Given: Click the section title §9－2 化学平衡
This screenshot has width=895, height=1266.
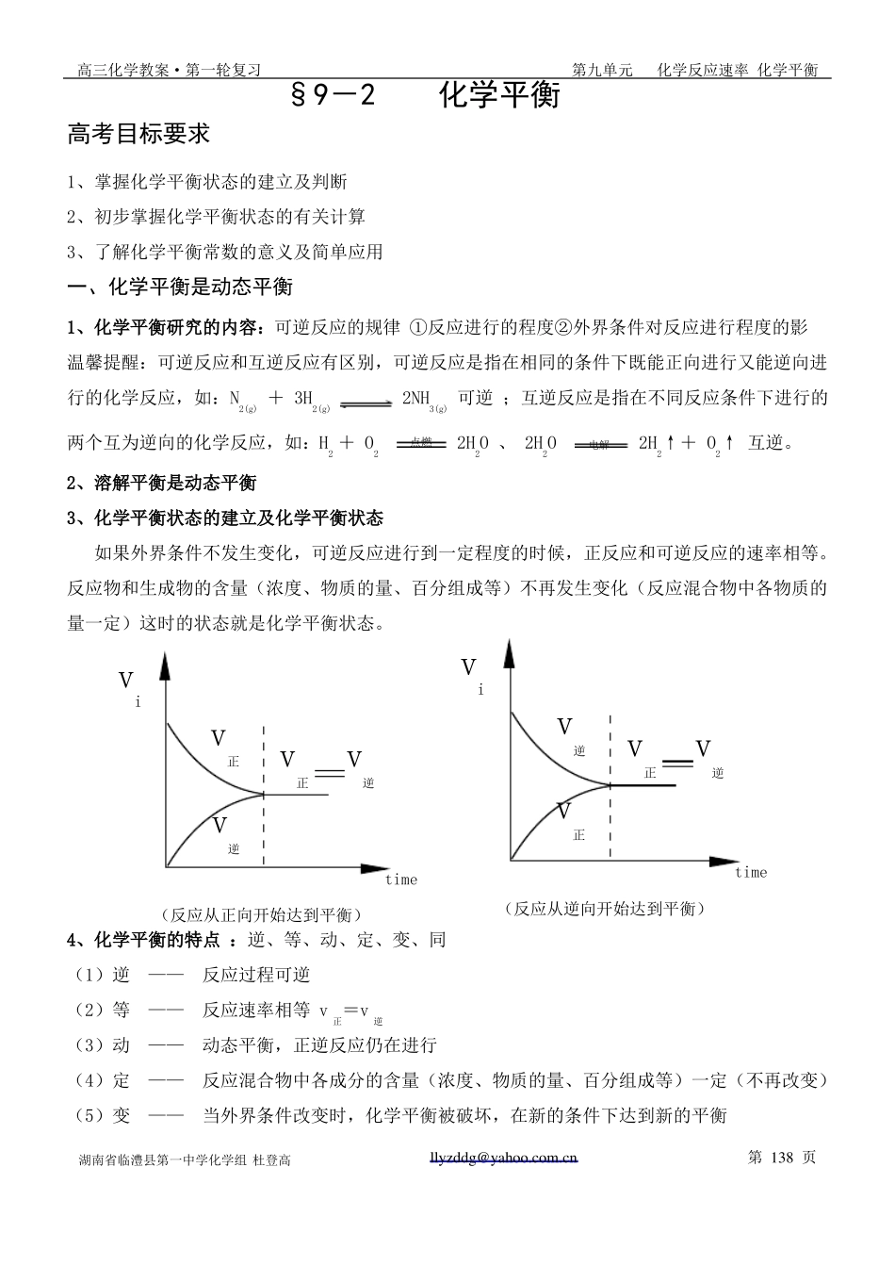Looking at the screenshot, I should [426, 95].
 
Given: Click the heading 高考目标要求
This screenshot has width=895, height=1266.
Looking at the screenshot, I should [138, 135].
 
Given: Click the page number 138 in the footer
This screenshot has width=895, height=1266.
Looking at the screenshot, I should [783, 1157].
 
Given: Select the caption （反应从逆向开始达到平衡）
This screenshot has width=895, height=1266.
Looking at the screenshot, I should [605, 909].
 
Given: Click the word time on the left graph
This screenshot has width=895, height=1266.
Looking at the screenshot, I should [400, 880].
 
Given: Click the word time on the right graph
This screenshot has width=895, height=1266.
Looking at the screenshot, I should [751, 872].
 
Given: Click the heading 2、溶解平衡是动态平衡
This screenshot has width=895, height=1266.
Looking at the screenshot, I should [162, 483].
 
